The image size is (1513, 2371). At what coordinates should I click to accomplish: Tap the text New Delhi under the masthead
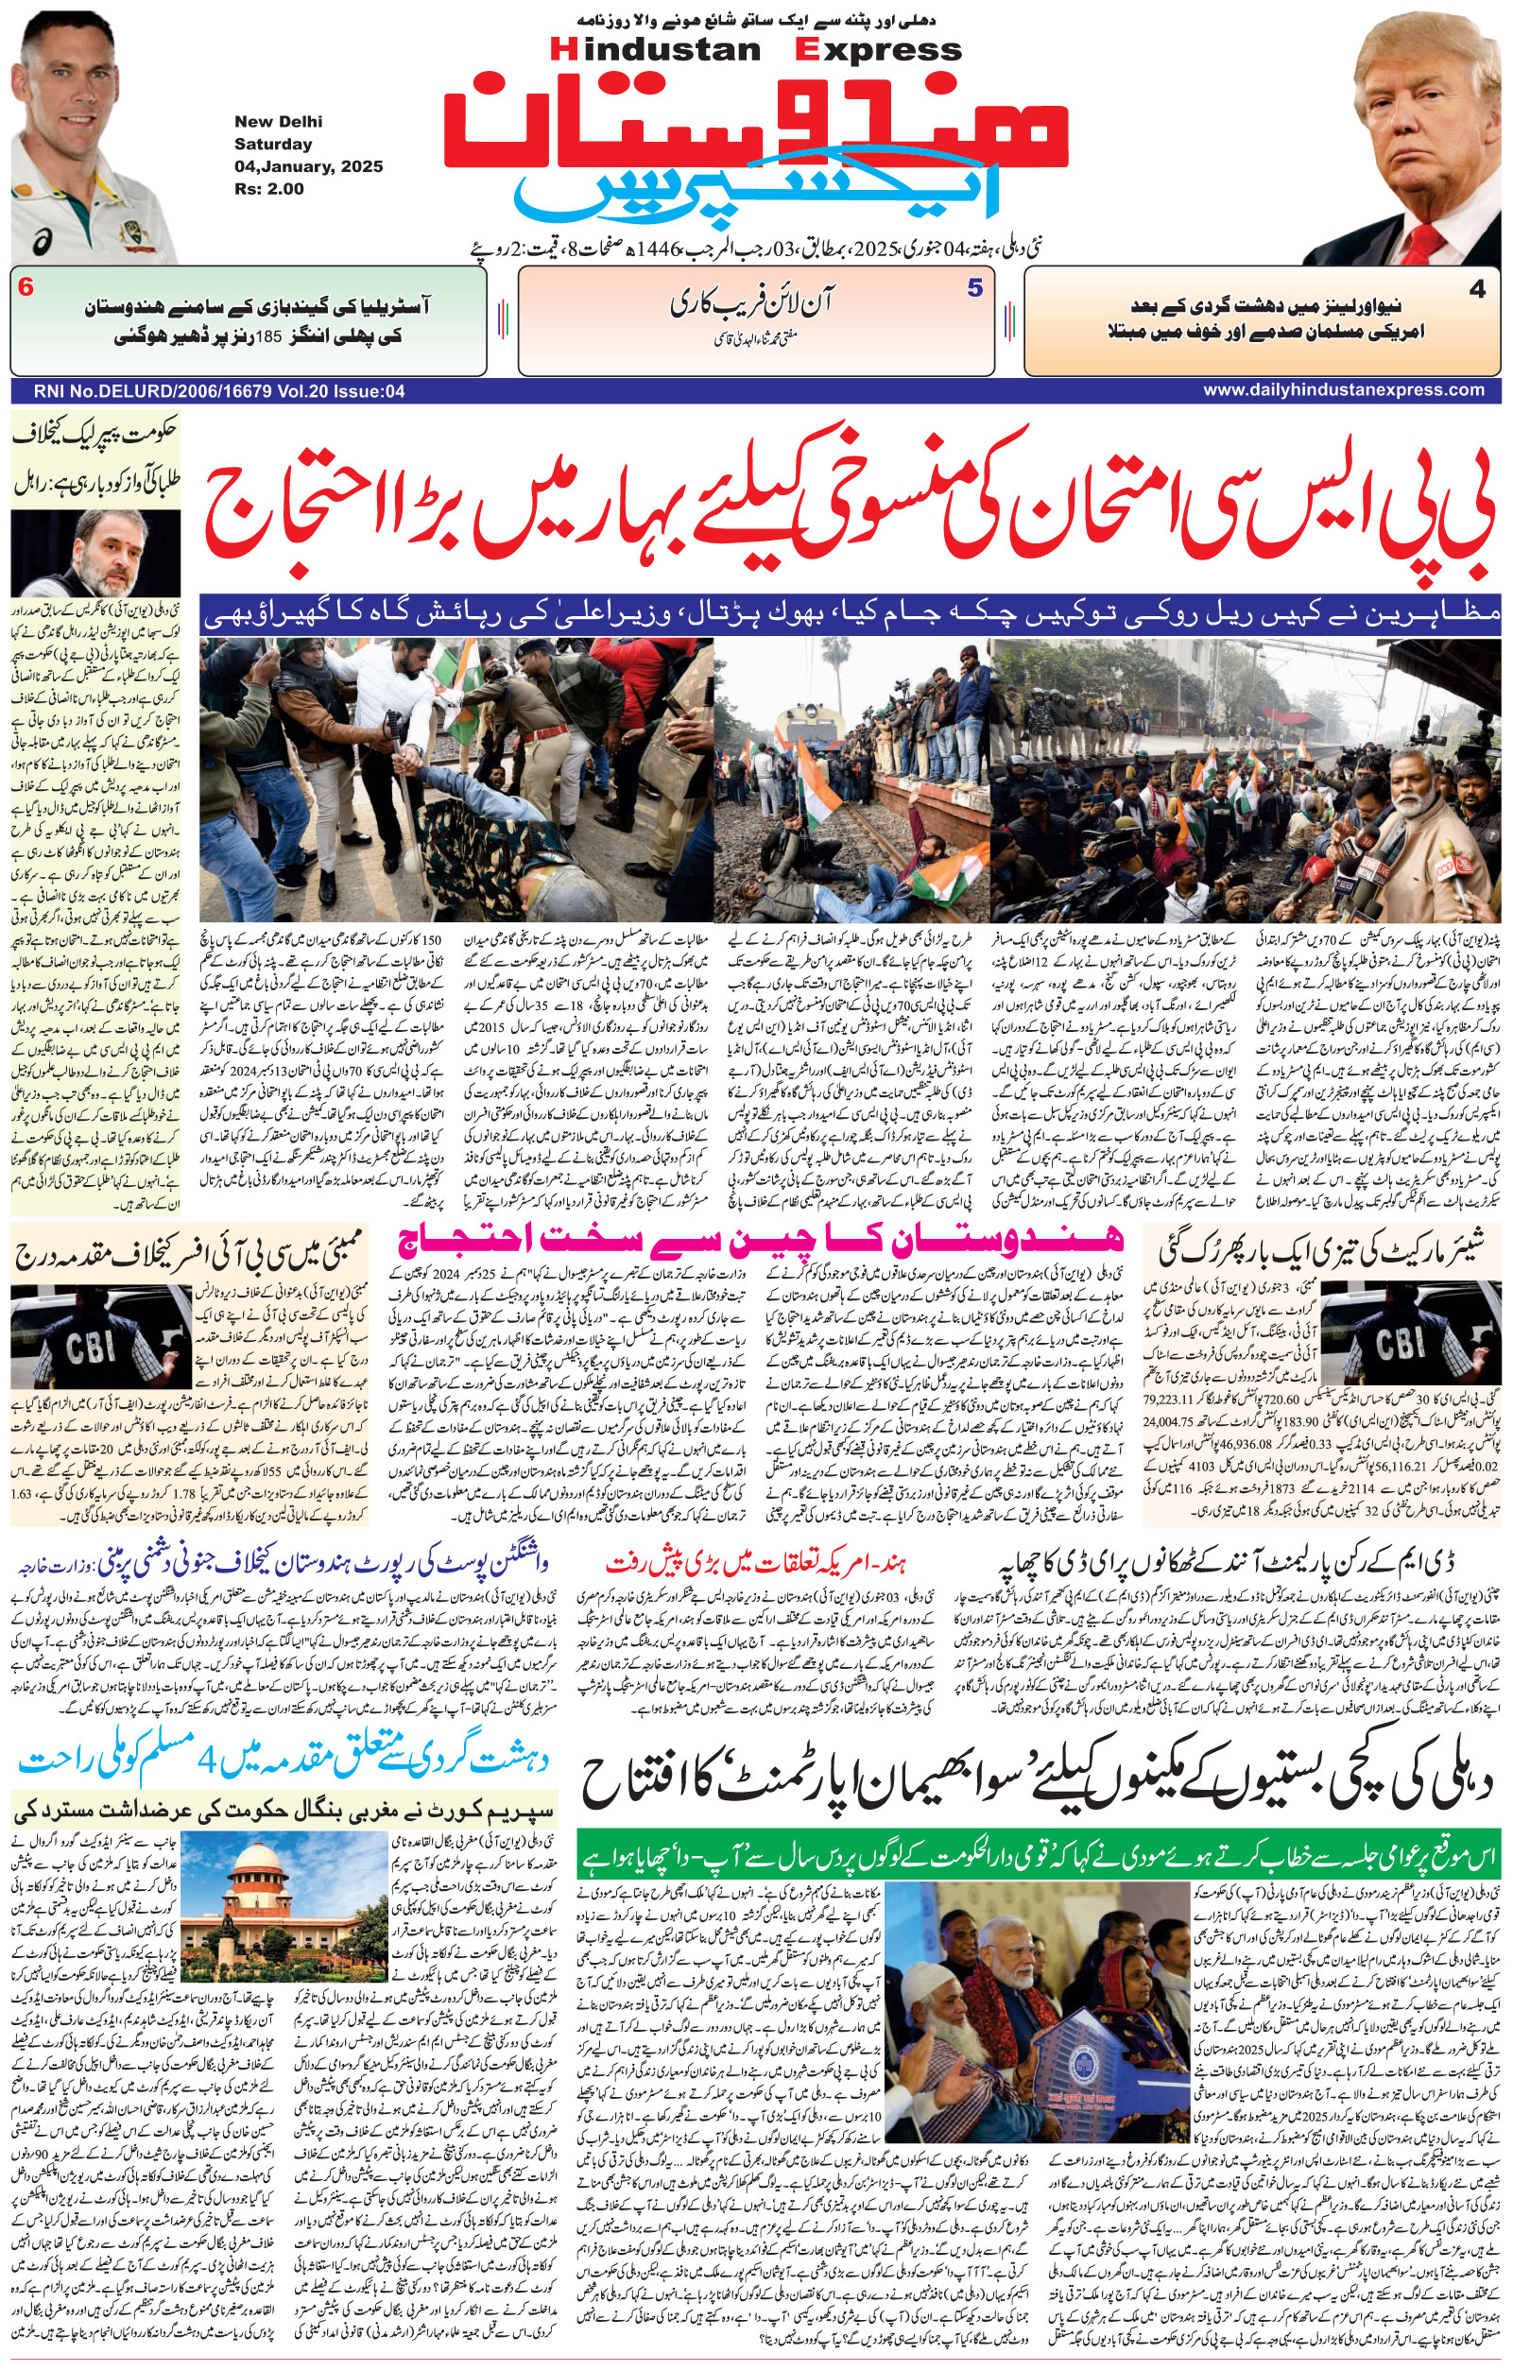click(278, 122)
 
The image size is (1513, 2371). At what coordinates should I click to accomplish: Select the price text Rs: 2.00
click(268, 189)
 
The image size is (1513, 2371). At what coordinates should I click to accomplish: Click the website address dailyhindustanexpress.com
click(1344, 390)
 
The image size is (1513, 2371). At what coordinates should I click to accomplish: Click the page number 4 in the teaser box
click(1476, 289)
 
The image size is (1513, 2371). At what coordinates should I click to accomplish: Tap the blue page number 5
click(974, 288)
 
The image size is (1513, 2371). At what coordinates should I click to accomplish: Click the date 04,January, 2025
click(308, 166)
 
